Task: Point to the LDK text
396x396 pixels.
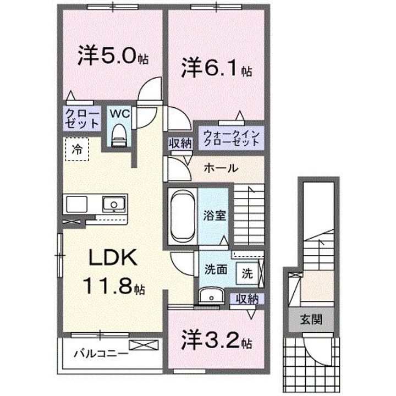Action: [x=113, y=257]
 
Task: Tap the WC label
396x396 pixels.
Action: [x=119, y=114]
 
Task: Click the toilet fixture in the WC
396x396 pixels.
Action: [x=119, y=136]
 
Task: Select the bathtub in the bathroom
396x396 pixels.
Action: [x=183, y=217]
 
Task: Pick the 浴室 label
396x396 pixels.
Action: [x=215, y=216]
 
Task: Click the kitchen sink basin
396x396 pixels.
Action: [x=114, y=204]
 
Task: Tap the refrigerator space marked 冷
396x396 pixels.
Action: [x=77, y=149]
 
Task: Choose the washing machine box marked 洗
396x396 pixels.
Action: [x=248, y=273]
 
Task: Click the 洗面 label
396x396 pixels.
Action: [x=216, y=269]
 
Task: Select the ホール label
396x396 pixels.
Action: [x=221, y=168]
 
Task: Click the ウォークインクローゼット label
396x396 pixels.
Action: [x=232, y=137]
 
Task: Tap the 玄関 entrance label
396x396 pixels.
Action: [x=311, y=320]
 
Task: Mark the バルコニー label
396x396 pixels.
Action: [x=101, y=354]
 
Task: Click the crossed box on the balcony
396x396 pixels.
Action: [x=144, y=345]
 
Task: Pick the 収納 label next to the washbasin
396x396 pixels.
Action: [x=248, y=300]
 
